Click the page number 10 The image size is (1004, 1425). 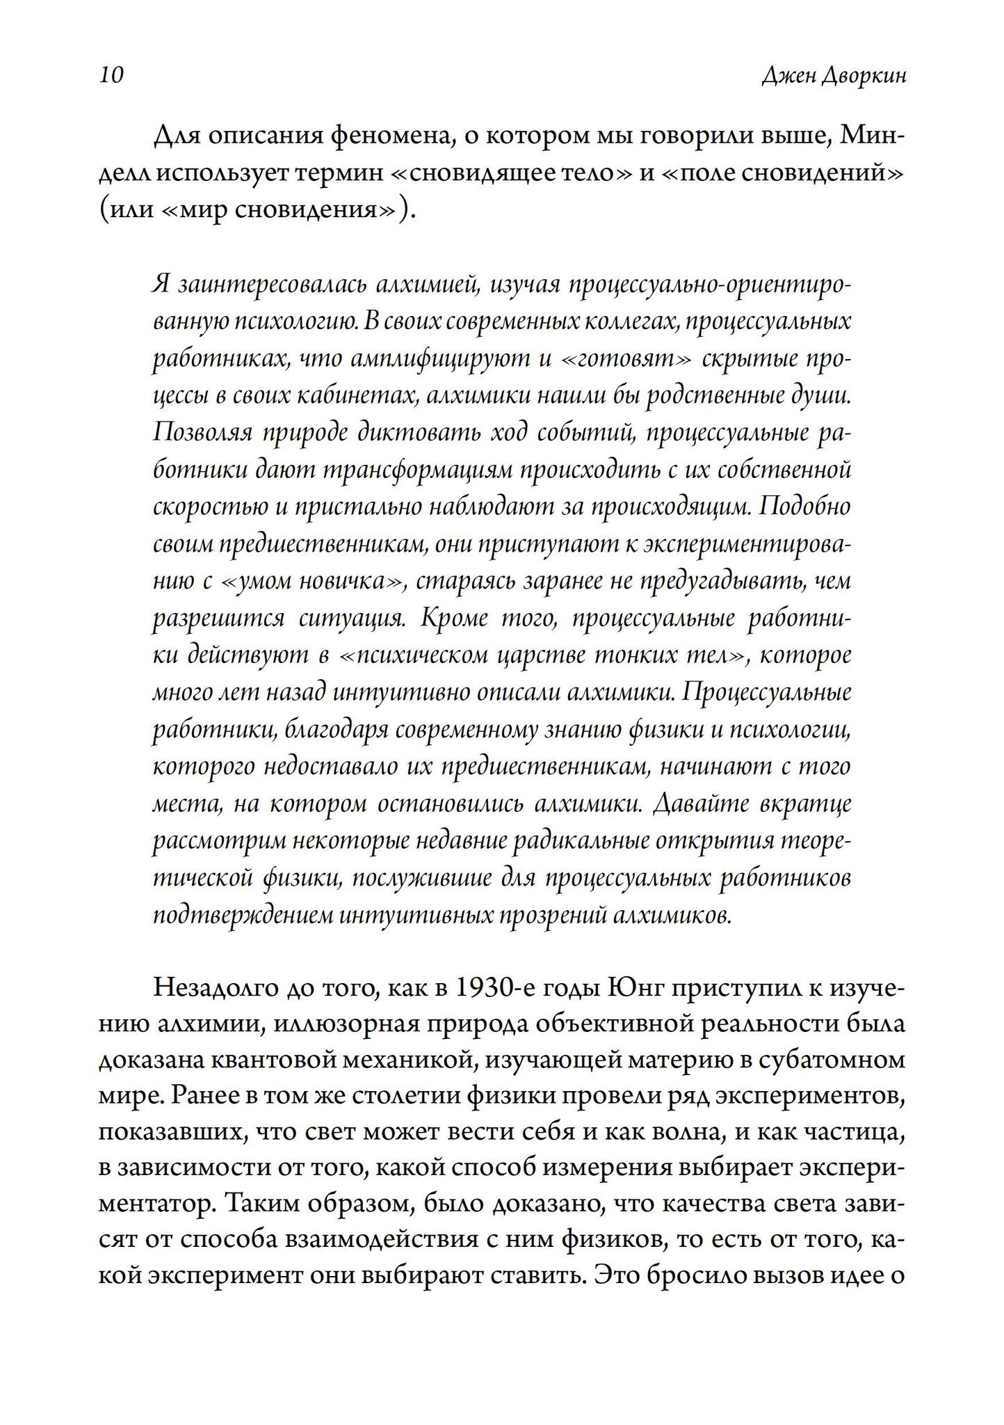coord(111,74)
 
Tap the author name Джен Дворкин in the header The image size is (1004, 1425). coord(834,75)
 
